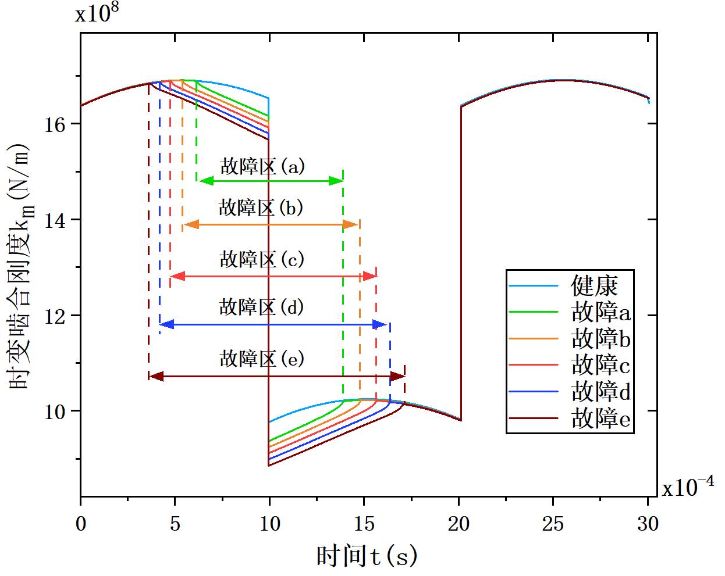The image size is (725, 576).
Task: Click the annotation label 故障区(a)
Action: [262, 167]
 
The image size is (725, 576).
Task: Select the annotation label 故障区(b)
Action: [261, 207]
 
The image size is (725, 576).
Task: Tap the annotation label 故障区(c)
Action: [262, 259]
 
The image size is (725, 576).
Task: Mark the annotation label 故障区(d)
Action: [262, 306]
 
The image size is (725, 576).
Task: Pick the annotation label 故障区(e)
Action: [262, 359]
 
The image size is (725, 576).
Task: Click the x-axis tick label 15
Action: [364, 524]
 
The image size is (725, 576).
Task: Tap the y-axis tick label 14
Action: [56, 220]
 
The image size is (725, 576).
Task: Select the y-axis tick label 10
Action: [56, 411]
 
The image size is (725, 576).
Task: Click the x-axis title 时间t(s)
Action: [367, 557]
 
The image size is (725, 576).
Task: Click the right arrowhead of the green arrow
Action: [337, 181]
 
